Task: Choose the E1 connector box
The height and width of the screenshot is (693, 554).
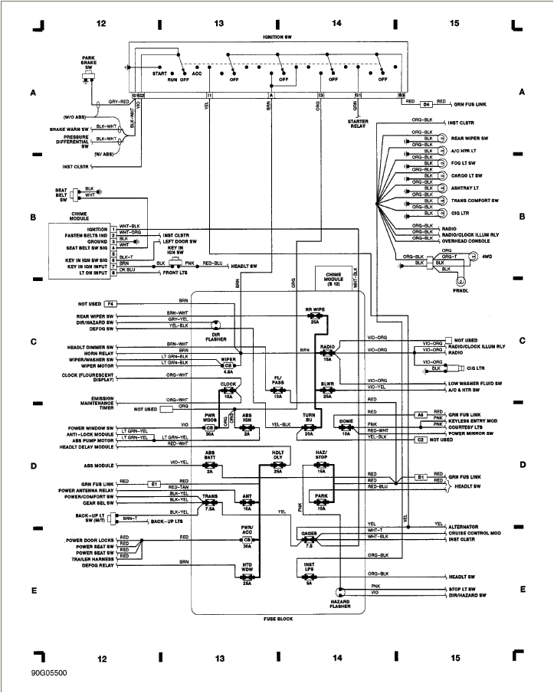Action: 153,484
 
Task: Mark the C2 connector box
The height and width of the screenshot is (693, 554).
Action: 421,440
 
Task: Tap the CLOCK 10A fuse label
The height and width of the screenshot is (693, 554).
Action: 228,388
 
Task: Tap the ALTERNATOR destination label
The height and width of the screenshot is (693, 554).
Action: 464,527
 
